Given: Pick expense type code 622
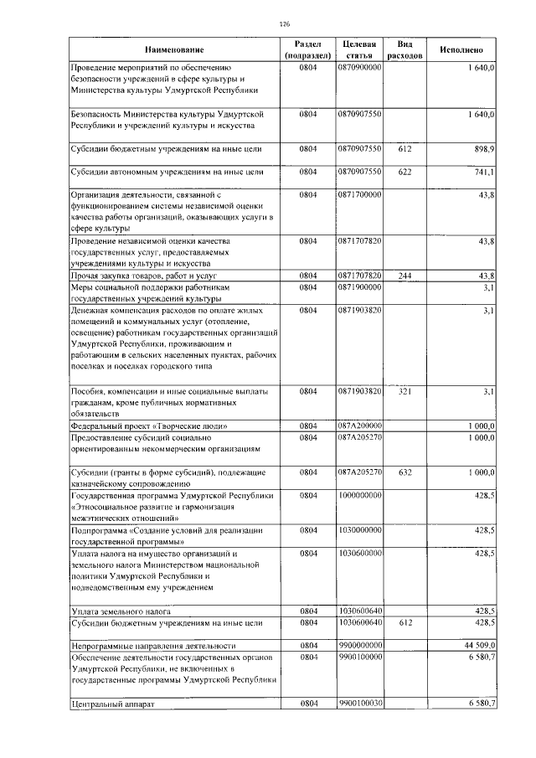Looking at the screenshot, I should click(x=405, y=172).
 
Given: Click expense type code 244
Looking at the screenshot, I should click(x=405, y=276).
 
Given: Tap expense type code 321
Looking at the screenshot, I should click(x=405, y=391).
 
